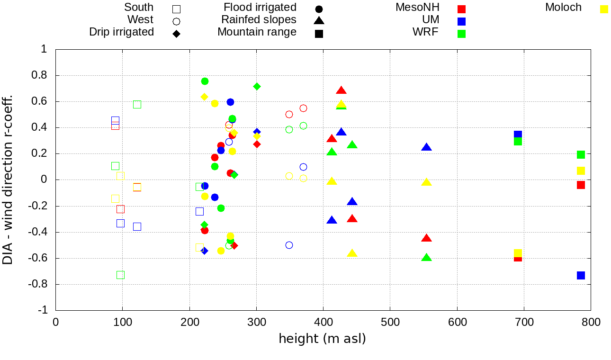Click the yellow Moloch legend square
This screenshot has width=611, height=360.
pos(604,9)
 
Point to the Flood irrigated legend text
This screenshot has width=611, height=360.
pos(260,8)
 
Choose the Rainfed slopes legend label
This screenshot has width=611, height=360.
pos(259,20)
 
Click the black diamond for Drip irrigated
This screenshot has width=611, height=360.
pos(176,34)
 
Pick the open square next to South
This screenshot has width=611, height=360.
pos(176,9)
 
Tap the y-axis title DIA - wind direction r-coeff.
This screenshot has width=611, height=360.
pos(8,180)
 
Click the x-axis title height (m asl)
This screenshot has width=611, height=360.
pos(322,339)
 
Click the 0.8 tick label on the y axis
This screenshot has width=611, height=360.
pos(41,75)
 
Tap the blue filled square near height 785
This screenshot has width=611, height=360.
pos(581,275)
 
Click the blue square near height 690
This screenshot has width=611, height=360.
pos(518,135)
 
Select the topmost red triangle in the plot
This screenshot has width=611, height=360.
pos(341,90)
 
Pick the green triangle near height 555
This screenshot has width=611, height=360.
pos(426,258)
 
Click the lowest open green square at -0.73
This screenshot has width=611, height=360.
pos(120,275)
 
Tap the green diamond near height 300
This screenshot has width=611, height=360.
pos(257,86)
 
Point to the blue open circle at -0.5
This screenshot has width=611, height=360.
pos(289,245)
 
